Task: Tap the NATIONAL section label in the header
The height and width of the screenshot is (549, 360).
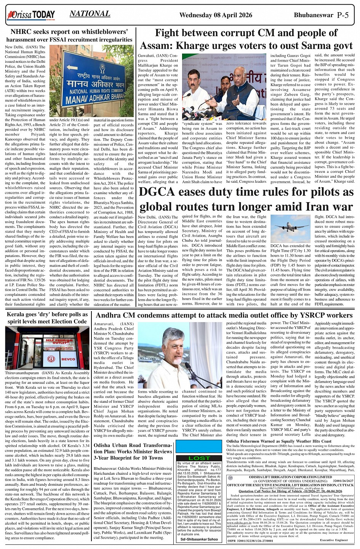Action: pyautogui.click(x=90, y=14)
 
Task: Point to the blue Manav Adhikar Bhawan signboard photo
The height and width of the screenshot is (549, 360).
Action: pyautogui.click(x=92, y=81)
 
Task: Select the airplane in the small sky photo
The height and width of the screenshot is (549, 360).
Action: pyautogui.click(x=290, y=227)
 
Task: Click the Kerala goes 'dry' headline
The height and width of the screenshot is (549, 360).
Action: pyautogui.click(x=47, y=318)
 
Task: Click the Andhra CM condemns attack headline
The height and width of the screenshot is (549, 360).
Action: pyautogui.click(x=224, y=316)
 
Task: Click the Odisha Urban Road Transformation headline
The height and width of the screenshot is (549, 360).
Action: pyautogui.click(x=133, y=451)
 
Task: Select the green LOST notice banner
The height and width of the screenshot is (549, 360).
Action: pyautogui.click(x=199, y=458)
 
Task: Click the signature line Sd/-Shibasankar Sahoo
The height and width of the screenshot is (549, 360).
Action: pyautogui.click(x=199, y=539)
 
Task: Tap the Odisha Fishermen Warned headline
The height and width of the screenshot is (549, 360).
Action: pyautogui.click(x=279, y=441)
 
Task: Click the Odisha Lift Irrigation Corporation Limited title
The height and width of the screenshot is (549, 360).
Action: pyautogui.click(x=290, y=477)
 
